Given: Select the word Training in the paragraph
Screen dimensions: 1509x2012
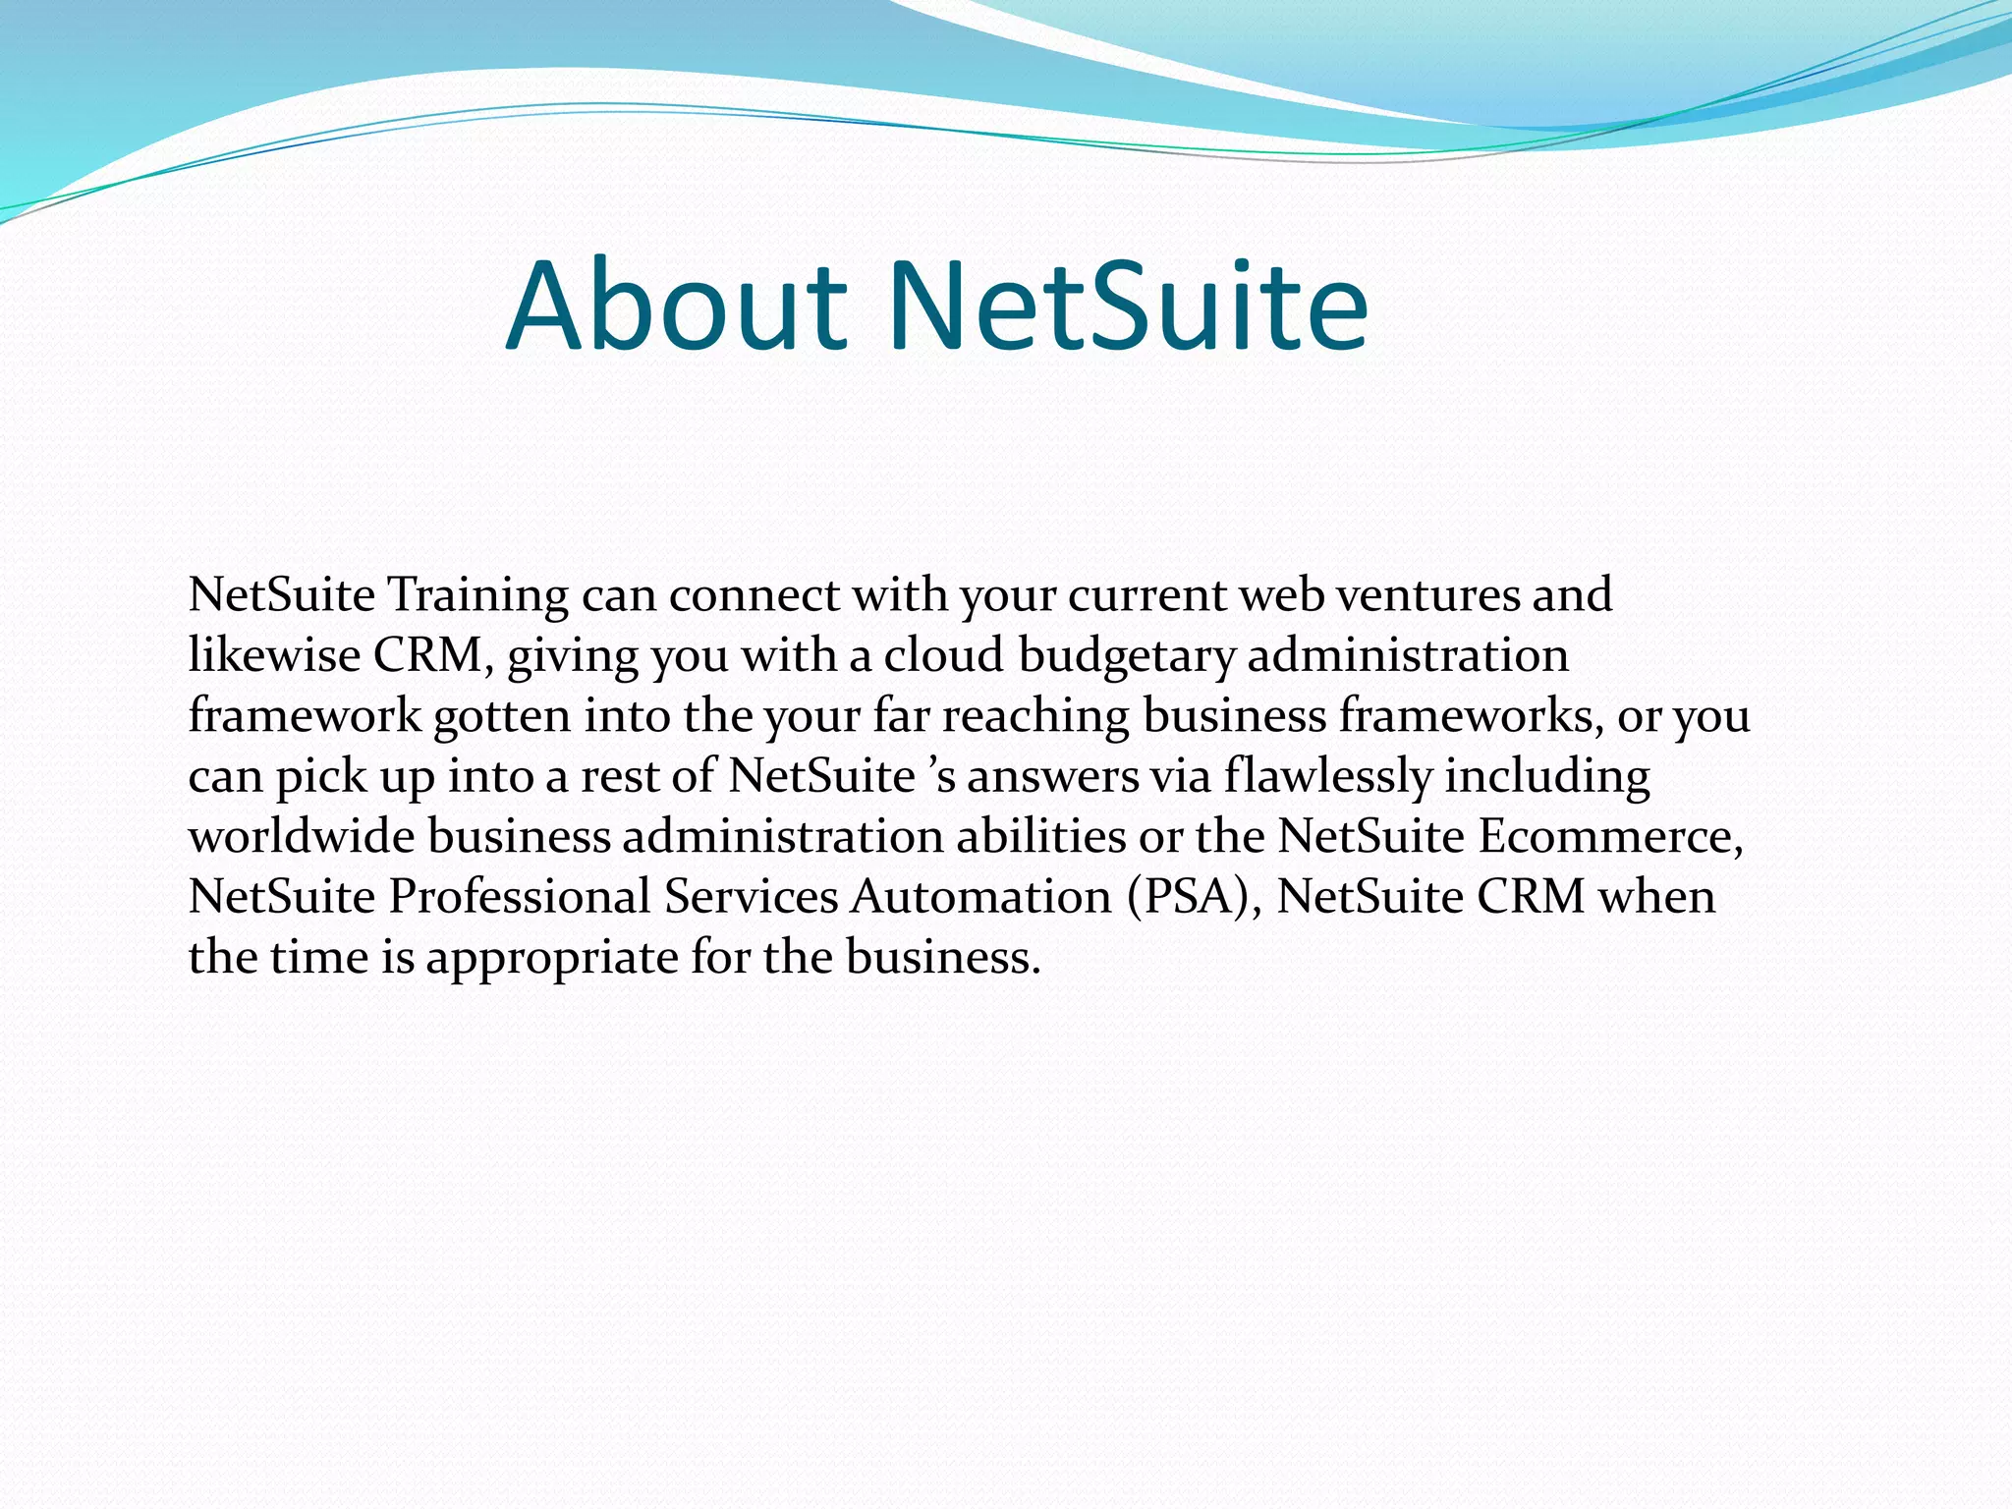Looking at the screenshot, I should point(477,595).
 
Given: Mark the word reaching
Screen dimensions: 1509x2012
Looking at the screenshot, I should point(1035,716).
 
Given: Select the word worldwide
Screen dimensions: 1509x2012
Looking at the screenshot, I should point(302,837).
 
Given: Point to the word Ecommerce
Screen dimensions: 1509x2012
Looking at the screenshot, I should point(1608,837).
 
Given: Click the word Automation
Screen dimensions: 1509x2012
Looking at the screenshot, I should point(981,897).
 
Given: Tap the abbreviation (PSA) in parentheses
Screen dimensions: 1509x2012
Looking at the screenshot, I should point(1194,897).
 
